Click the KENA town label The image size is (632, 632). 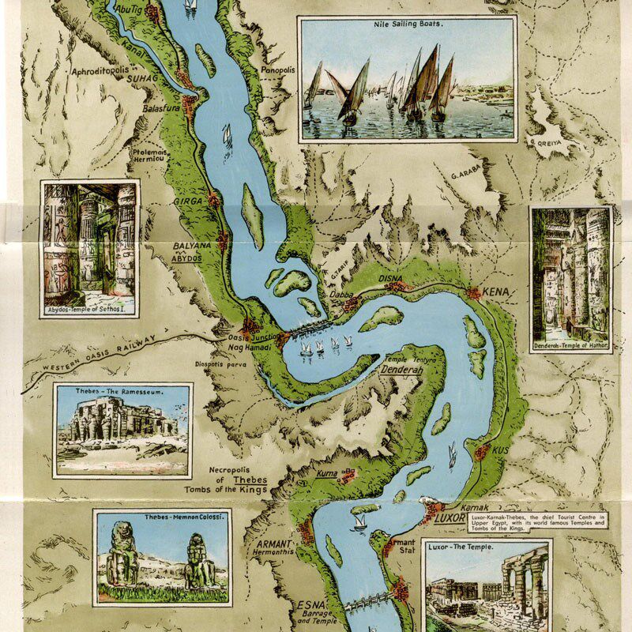coord(500,292)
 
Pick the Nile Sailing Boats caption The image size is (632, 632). coord(408,24)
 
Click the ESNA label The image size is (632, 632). coord(308,604)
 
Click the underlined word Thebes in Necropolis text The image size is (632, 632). coord(249,480)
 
